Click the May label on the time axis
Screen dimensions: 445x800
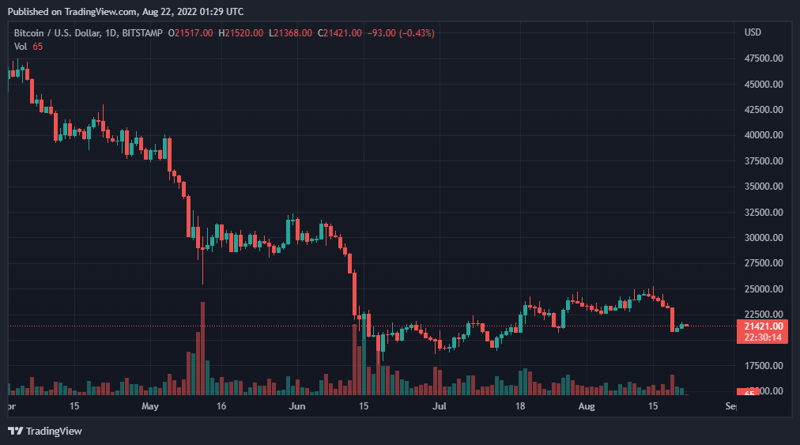click(x=150, y=406)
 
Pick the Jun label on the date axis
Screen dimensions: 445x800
click(x=296, y=406)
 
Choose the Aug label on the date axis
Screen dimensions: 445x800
click(x=586, y=406)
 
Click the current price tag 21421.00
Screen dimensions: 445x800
click(x=763, y=326)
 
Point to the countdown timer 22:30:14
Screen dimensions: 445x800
click(x=763, y=338)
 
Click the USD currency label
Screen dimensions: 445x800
click(x=753, y=32)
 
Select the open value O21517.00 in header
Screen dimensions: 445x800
click(x=194, y=32)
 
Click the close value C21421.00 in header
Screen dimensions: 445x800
click(x=340, y=32)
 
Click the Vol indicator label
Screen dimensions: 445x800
click(x=21, y=47)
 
